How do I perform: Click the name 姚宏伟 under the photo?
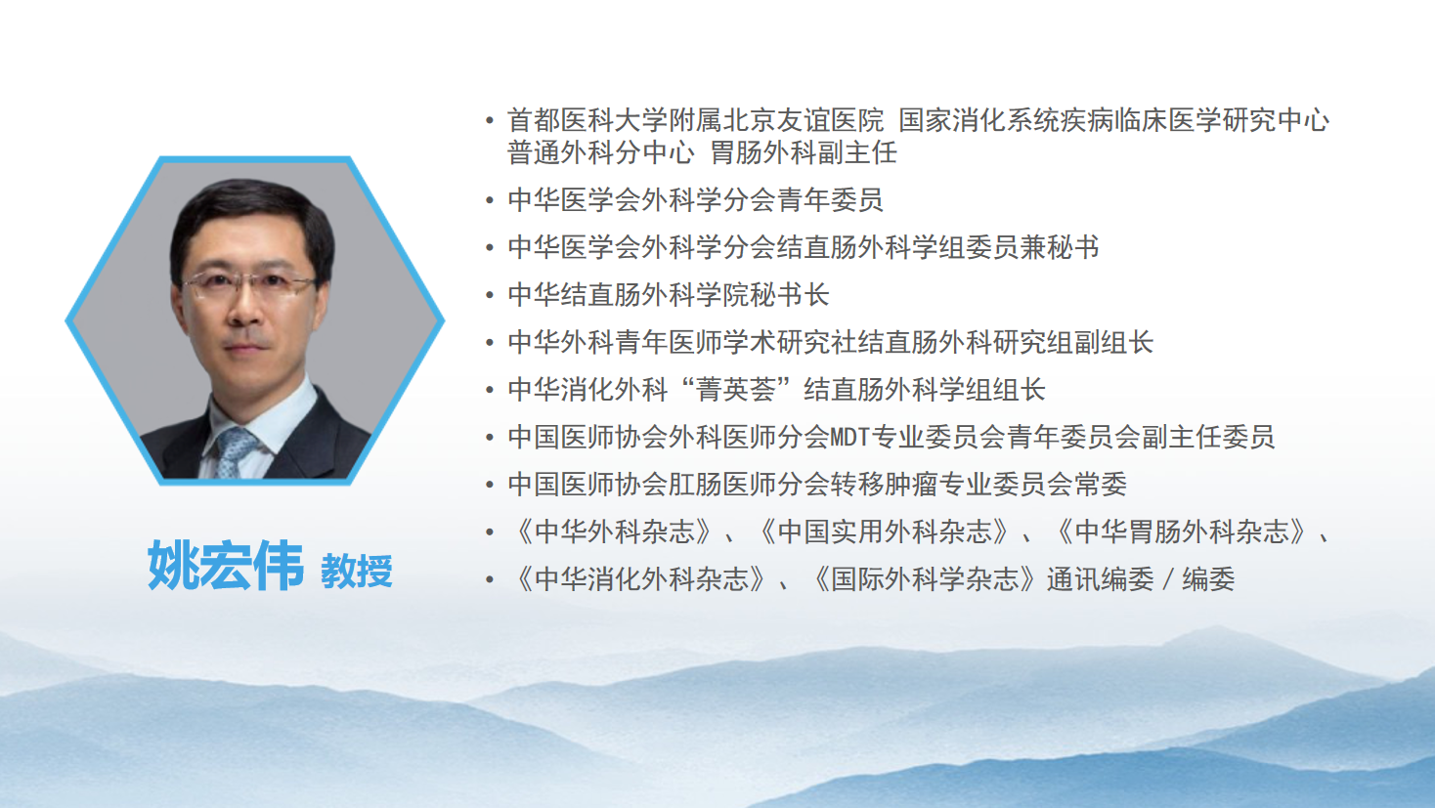point(226,565)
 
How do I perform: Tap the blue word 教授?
point(356,572)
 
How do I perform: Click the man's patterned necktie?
point(235,451)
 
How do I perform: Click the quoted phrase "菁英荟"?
point(736,390)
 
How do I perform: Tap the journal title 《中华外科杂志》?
point(614,532)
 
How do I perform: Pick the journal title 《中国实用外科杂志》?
point(884,532)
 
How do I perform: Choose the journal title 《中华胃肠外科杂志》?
point(1181,532)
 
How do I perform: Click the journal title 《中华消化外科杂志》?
point(641,579)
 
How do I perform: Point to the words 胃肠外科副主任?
point(804,153)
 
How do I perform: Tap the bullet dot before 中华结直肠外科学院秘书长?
point(490,295)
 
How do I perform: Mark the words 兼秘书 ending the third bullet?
point(1060,248)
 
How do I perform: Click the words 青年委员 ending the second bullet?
point(830,200)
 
